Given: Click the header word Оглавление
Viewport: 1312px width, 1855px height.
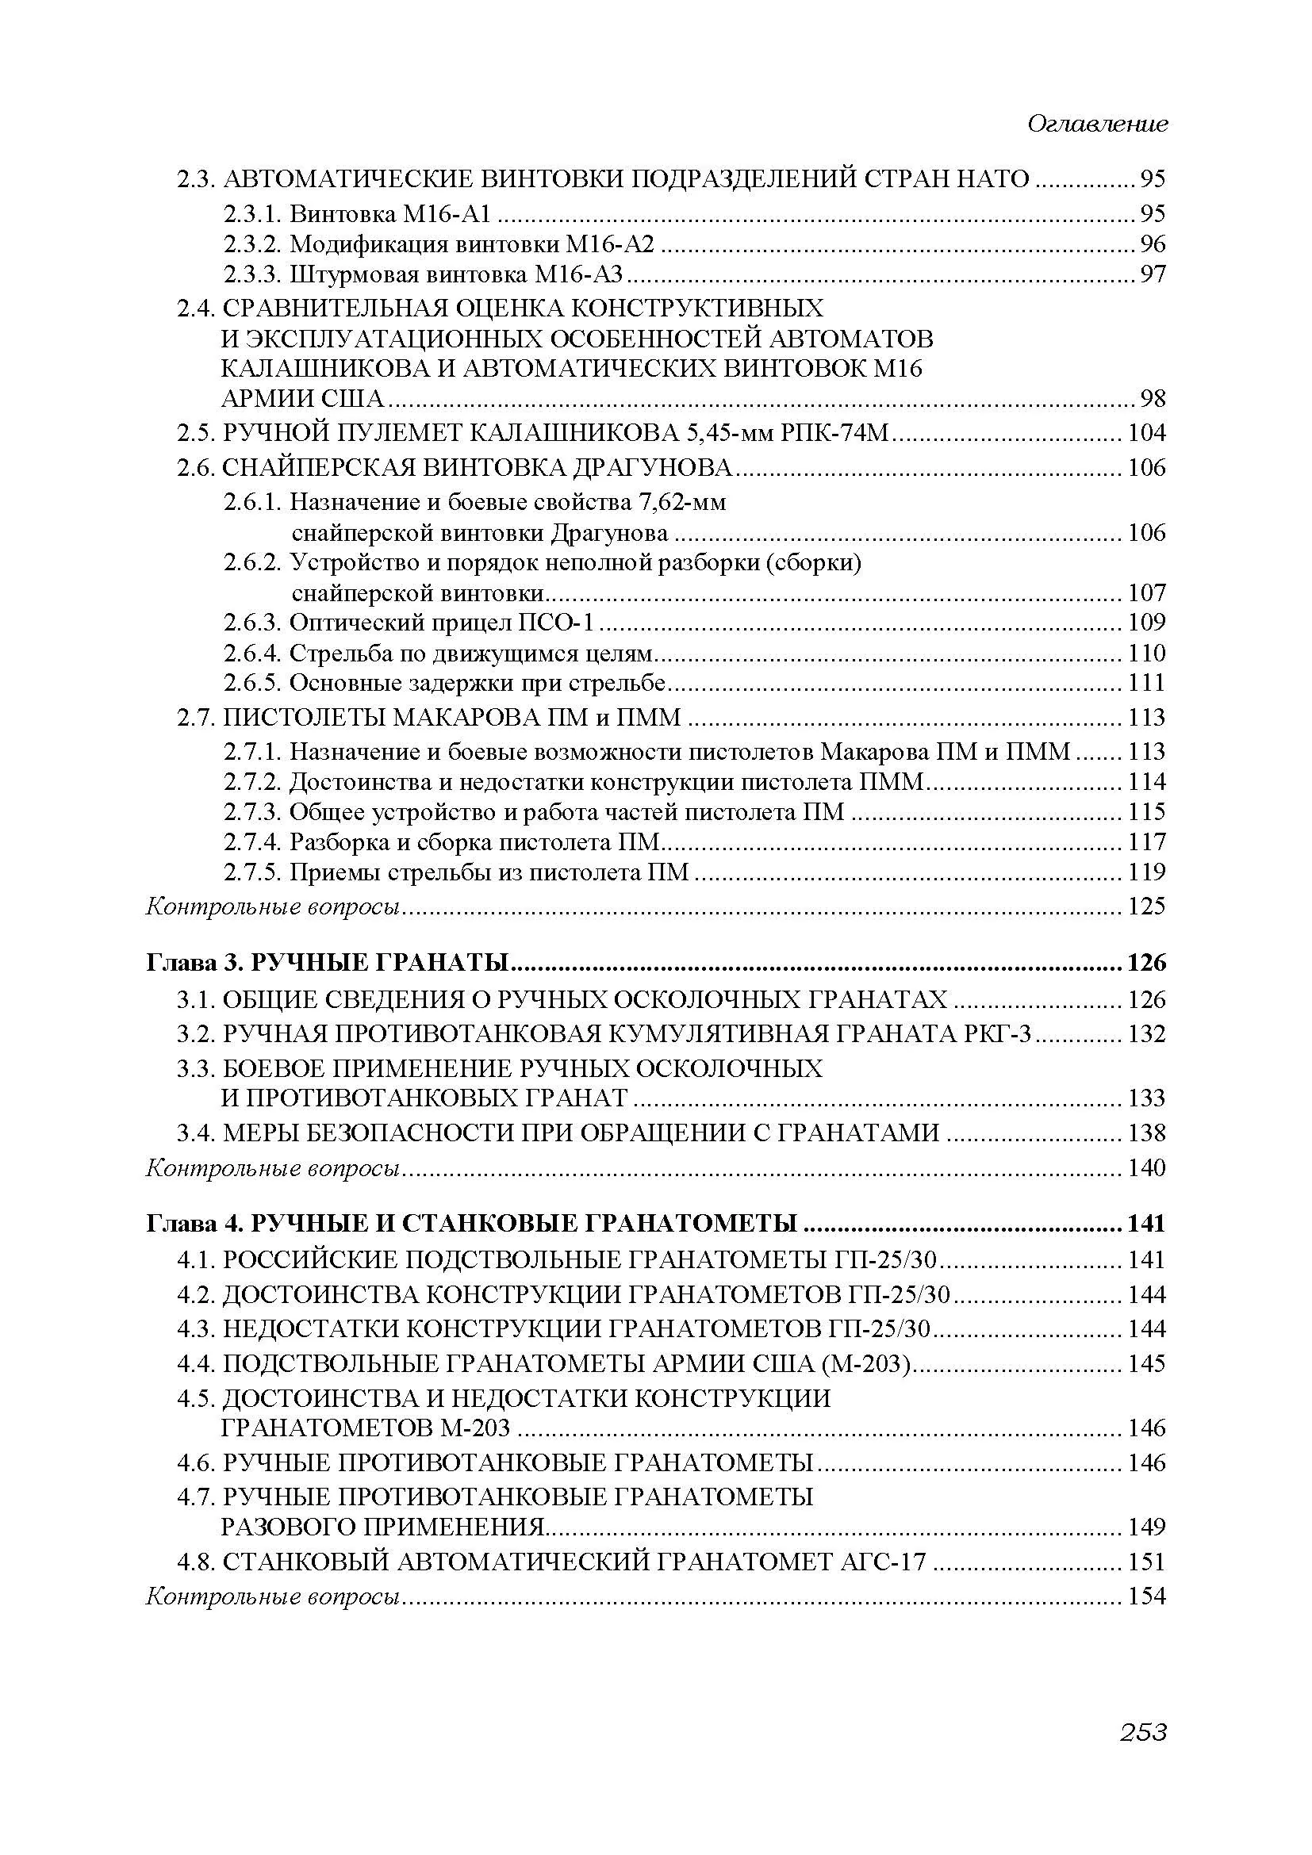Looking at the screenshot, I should (x=1097, y=125).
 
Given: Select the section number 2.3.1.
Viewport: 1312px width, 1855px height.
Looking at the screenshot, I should (x=253, y=214).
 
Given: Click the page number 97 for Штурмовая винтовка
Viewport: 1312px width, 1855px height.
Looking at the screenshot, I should (x=1153, y=274).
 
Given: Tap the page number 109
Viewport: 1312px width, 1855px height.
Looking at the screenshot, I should (x=1146, y=622).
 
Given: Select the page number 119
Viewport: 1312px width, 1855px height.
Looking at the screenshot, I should (x=1146, y=872).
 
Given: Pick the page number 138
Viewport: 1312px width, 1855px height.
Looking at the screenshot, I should (x=1146, y=1133).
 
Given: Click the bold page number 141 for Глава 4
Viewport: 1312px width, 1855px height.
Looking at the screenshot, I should (x=1146, y=1224).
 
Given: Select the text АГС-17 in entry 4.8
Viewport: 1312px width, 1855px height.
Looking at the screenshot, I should (x=886, y=1562).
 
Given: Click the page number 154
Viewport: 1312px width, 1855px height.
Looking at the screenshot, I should (x=1146, y=1596).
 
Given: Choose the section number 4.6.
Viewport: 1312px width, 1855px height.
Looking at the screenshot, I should (x=196, y=1463).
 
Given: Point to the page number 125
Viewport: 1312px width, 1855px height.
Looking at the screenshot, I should (x=1146, y=906).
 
